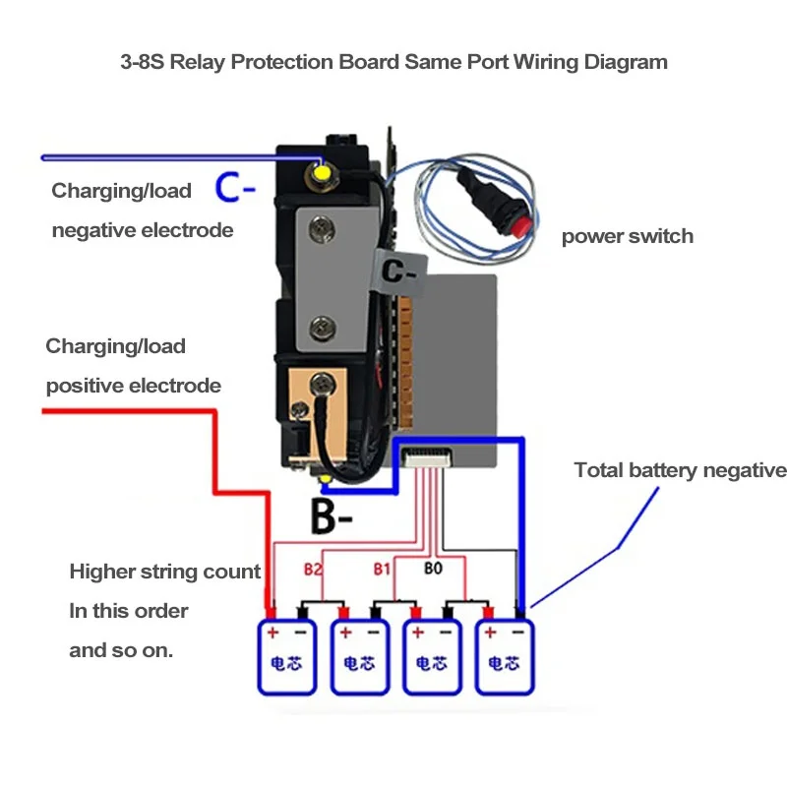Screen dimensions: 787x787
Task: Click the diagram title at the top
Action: (x=393, y=62)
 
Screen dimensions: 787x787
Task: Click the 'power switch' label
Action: (x=627, y=236)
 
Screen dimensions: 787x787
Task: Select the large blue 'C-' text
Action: (x=236, y=188)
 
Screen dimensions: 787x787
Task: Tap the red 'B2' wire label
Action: (x=313, y=569)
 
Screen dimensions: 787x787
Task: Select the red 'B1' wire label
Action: (x=384, y=569)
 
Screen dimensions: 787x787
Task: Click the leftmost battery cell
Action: (x=286, y=656)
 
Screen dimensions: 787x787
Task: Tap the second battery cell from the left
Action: (x=359, y=656)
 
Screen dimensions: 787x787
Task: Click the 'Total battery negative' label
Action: (x=680, y=470)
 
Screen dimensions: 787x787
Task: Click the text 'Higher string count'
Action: (x=164, y=572)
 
